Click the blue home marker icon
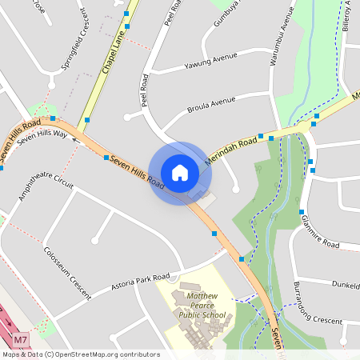pos(179,172)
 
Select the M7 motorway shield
pos(22,339)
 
